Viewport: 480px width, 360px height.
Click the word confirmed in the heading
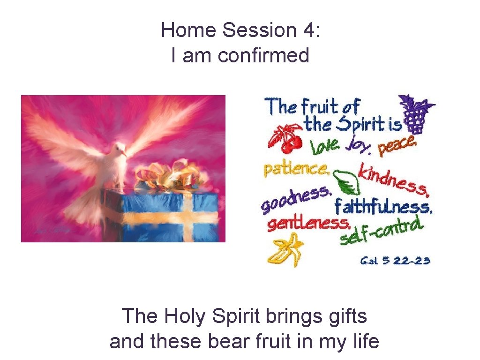[263, 56]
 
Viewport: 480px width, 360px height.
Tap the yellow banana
[285, 250]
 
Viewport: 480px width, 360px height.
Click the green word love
[325, 147]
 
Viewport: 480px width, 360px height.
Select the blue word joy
[359, 147]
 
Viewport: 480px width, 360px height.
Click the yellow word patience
[295, 168]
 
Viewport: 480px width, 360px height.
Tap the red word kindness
[393, 180]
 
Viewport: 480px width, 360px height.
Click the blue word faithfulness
[382, 207]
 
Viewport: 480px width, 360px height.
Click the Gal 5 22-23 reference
[395, 261]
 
